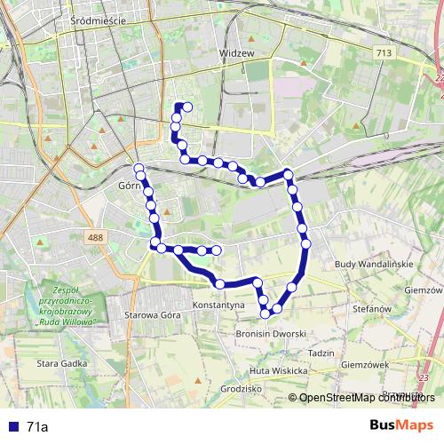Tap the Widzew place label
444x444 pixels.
237,53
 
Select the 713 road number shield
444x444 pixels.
384,54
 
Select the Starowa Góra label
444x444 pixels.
153,315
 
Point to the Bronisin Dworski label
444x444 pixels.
270,333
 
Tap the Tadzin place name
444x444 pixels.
321,353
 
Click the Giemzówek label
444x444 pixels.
365,364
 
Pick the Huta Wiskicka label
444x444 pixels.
278,370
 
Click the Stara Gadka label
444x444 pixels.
60,363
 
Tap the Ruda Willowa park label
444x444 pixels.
81,305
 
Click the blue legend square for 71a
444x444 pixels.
12,427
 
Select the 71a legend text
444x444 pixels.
37,427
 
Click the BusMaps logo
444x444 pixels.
401,425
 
